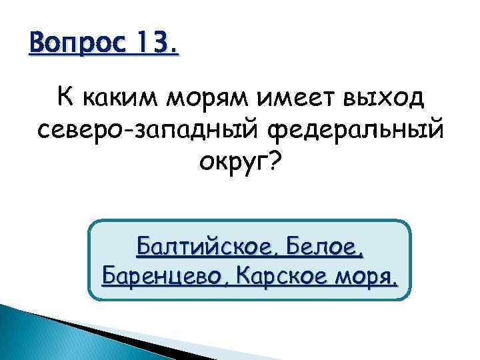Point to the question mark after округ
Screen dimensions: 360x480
pyautogui.click(x=274, y=163)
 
